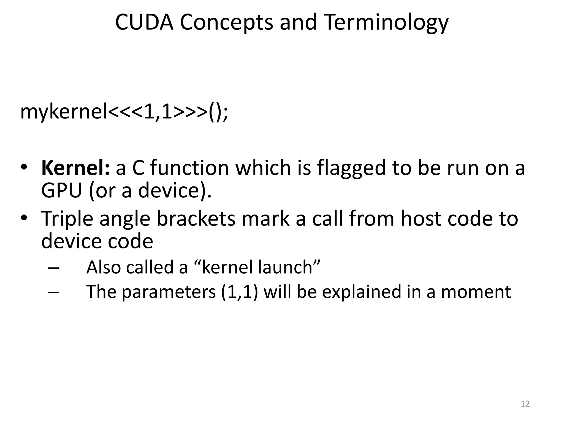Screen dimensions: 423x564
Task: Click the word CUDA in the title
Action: [144, 22]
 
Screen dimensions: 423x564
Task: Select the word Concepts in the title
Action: [226, 23]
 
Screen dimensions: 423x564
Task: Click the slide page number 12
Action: [525, 404]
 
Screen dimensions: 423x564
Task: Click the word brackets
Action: [196, 219]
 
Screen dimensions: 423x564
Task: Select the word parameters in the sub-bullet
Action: [169, 292]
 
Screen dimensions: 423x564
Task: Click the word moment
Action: [476, 292]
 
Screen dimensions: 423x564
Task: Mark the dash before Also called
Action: [53, 268]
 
